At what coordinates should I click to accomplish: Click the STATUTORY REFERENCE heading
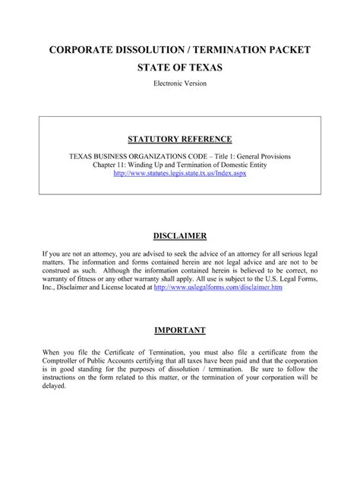coord(180,140)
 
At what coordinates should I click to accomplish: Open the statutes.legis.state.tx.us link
coord(180,173)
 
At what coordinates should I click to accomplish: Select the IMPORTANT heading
coord(180,330)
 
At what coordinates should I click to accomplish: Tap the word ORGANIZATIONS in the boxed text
coord(166,155)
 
